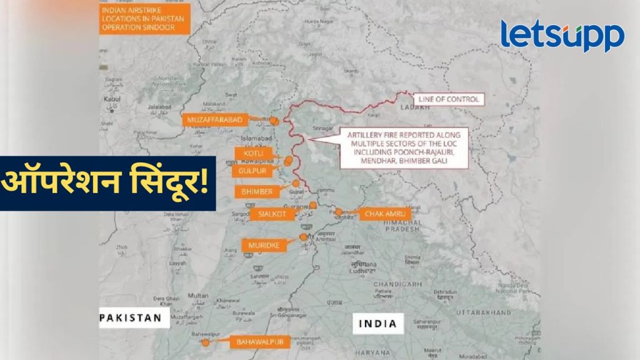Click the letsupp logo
(x=562, y=36)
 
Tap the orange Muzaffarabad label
(x=212, y=119)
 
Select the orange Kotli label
(x=250, y=153)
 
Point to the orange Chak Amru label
(x=384, y=214)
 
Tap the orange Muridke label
(x=264, y=244)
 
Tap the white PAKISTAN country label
(x=134, y=318)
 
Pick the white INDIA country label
(x=377, y=323)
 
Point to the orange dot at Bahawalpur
(x=205, y=342)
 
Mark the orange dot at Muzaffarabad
(x=273, y=119)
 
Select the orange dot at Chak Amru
(x=338, y=212)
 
